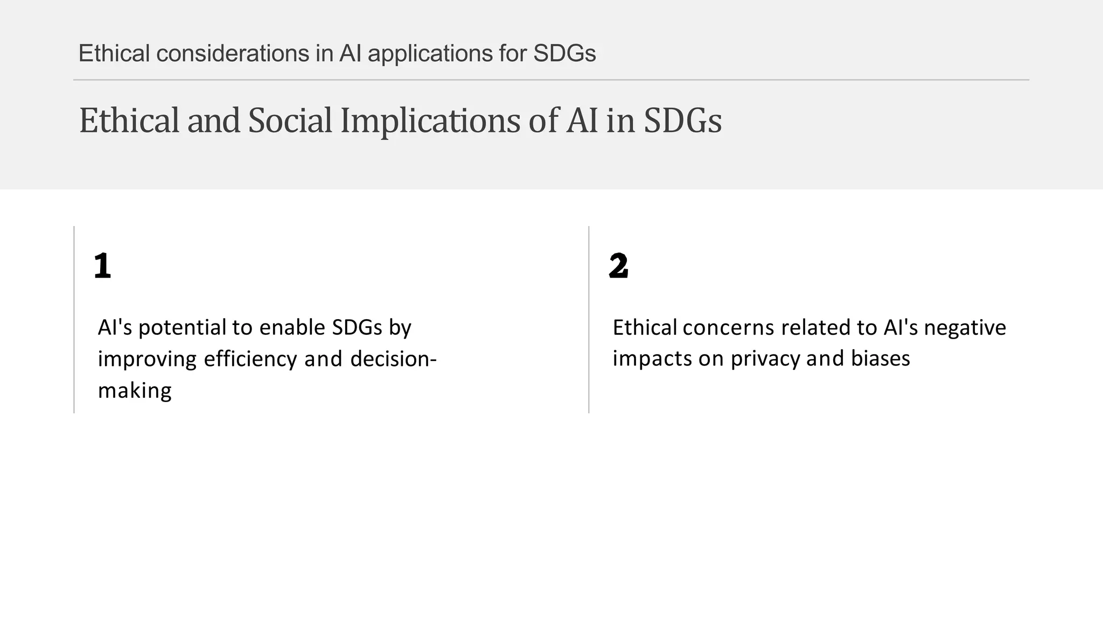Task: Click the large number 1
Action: coord(102,266)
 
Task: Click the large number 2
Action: coord(618,266)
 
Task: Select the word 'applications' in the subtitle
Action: coord(430,53)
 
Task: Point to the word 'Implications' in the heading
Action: coord(430,121)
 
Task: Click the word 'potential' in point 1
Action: coord(182,328)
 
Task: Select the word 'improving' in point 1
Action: coord(147,359)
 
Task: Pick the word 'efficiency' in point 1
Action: coord(250,359)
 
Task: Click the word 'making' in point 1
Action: coord(135,390)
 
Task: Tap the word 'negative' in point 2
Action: coord(965,328)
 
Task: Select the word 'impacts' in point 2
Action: coord(652,359)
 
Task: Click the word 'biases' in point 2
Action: coord(881,358)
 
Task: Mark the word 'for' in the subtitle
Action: coord(513,53)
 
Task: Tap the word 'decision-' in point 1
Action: coord(393,359)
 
